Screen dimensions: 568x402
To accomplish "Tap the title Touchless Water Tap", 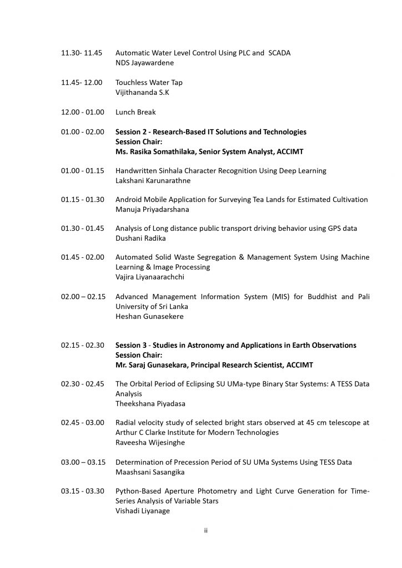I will [x=149, y=82].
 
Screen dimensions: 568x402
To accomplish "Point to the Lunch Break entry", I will [x=135, y=112].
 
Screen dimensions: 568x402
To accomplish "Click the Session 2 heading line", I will [x=210, y=131].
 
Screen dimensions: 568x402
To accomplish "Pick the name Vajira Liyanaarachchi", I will [x=149, y=277].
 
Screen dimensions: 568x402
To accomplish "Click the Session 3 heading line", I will [x=235, y=345].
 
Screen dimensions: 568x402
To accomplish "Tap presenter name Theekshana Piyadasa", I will [x=147, y=403].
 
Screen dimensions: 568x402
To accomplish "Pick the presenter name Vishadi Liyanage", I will [x=142, y=511].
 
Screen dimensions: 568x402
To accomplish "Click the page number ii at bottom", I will [x=205, y=531].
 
